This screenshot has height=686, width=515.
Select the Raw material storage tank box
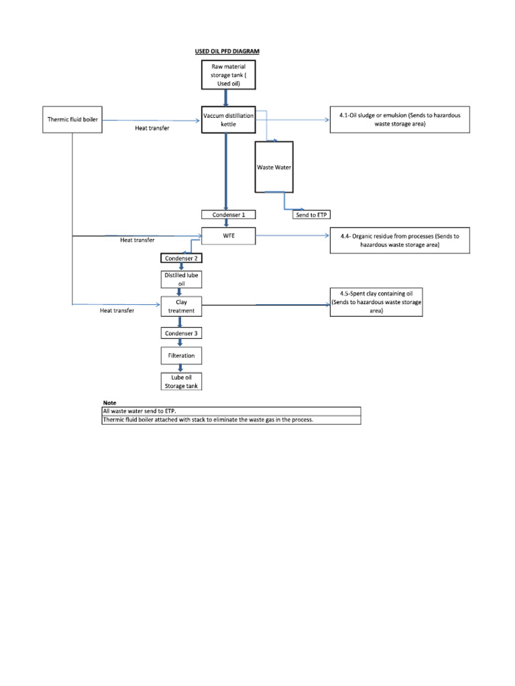(228, 74)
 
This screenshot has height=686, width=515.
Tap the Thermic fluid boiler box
(72, 120)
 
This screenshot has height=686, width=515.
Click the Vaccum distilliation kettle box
(228, 120)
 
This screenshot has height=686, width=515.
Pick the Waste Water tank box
(274, 167)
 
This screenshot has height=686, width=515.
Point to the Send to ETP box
(312, 214)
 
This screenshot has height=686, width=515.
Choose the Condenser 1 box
(228, 214)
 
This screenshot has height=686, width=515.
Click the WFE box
(228, 236)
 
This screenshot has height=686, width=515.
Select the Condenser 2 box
(180, 258)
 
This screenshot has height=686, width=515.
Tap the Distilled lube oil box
(180, 279)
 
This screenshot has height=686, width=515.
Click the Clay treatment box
(180, 307)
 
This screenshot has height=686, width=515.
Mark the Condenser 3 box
(180, 333)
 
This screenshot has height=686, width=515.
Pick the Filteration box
(180, 355)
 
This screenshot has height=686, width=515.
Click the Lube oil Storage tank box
(180, 381)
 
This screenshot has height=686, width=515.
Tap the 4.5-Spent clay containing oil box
(376, 302)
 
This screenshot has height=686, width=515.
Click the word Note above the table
(109, 402)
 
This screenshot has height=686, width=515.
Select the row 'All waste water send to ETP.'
(231, 411)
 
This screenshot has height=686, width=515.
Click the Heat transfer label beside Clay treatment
(117, 311)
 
